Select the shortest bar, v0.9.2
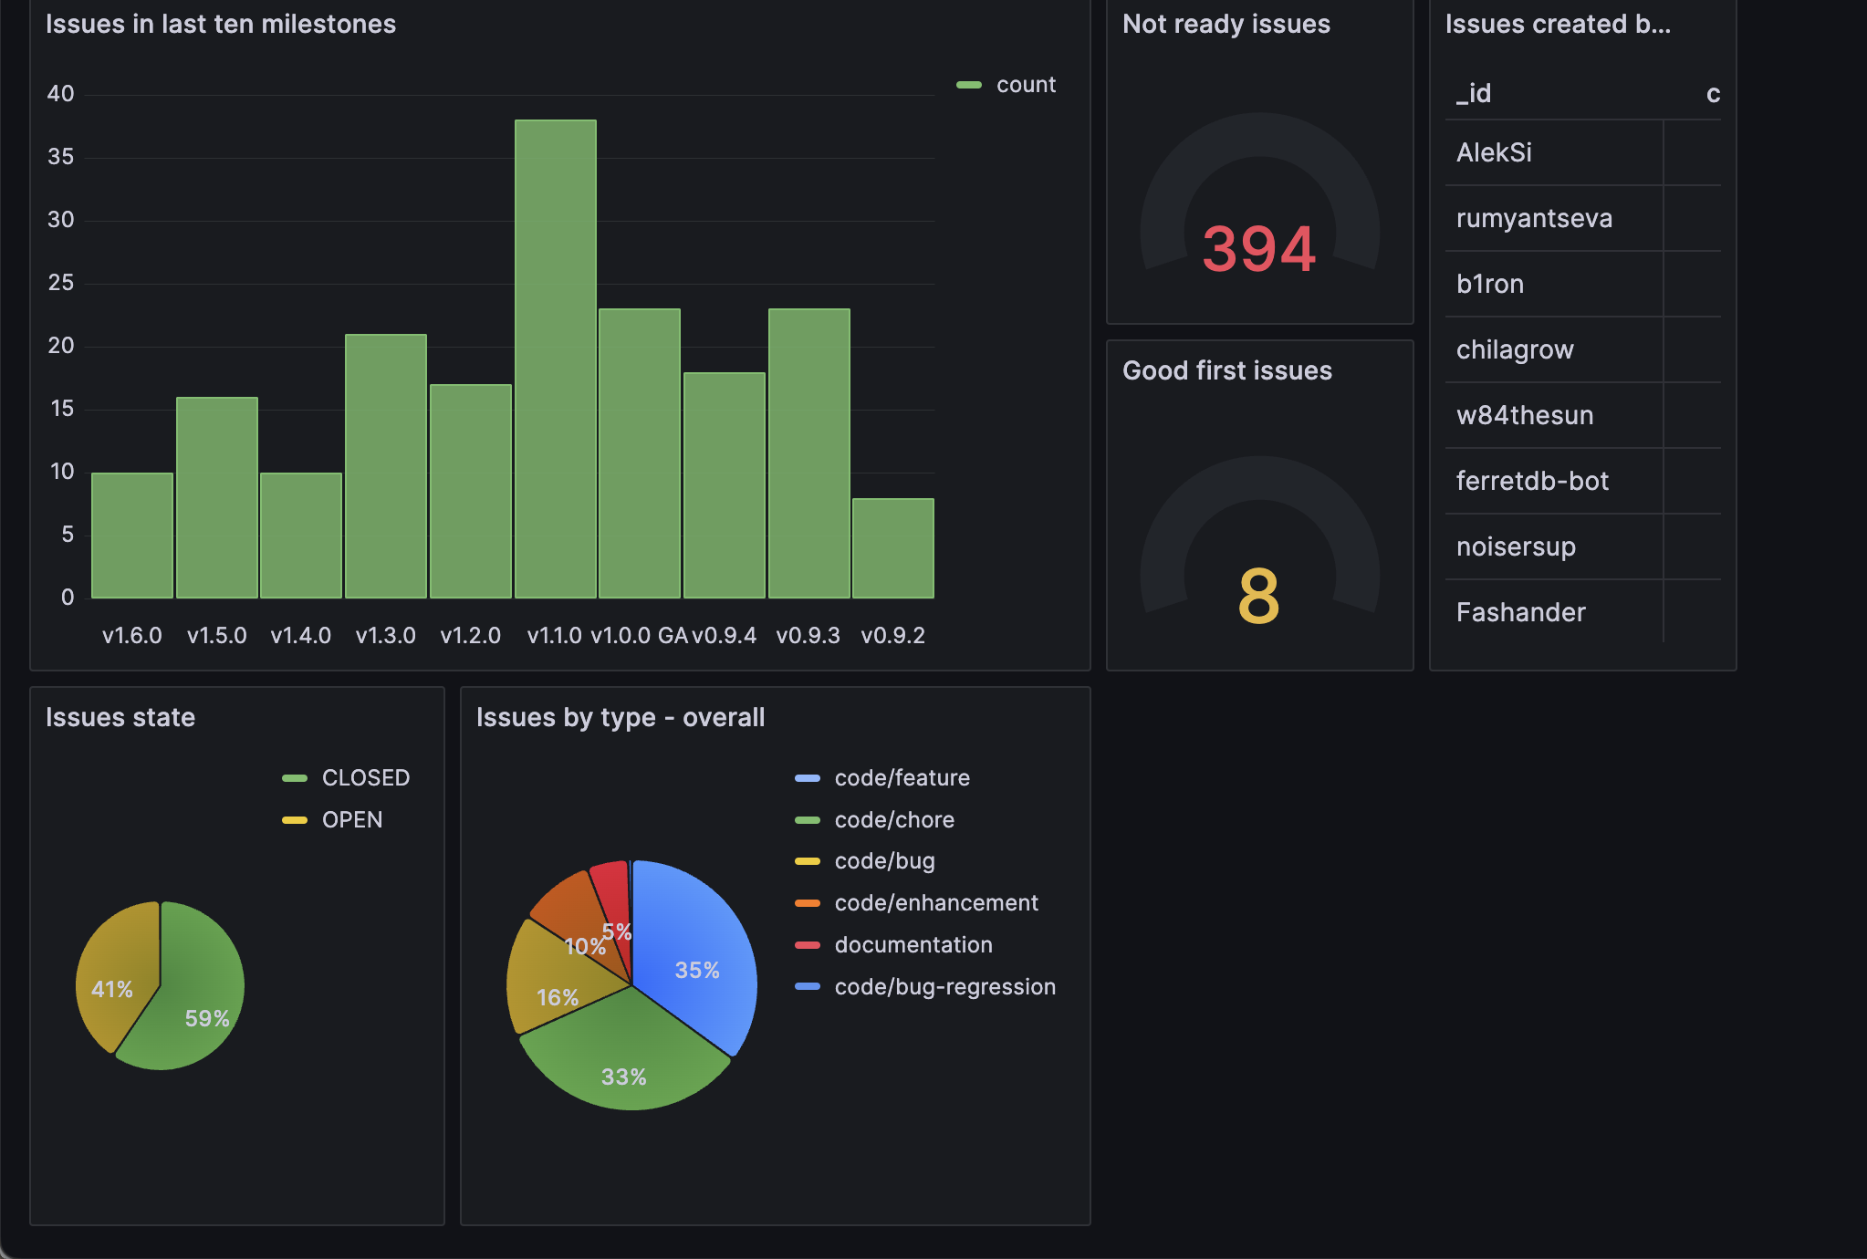pos(892,548)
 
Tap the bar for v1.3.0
pos(385,466)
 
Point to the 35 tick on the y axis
pos(60,157)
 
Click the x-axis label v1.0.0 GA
pos(639,636)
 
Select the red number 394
pos(1258,249)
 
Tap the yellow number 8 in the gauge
pos(1258,596)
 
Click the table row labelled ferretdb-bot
pos(1532,481)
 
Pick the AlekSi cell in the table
pos(1494,152)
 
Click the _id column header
pos(1473,93)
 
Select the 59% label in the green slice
pos(207,1018)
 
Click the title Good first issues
pos(1226,370)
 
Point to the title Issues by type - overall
pos(620,717)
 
